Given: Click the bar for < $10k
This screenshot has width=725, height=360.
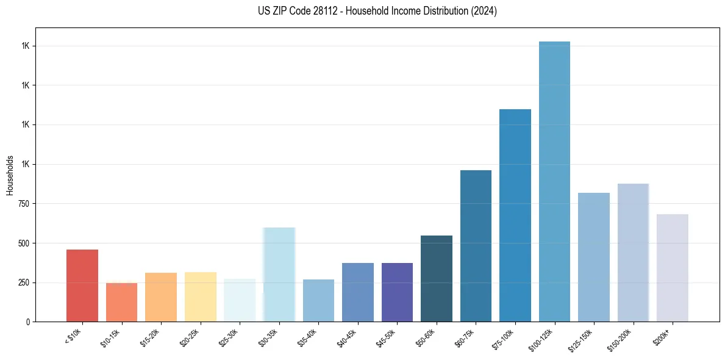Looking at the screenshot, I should click(82, 286).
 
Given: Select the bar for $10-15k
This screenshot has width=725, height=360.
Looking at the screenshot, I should click(121, 302).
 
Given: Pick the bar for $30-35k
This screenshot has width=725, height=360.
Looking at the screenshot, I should click(279, 275).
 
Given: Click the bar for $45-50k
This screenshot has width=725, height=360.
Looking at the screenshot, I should click(397, 292).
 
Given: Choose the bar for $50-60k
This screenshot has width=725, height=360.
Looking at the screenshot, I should click(437, 278).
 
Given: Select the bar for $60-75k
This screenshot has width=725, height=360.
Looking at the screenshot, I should click(476, 246).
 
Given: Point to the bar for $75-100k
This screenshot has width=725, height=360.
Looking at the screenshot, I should click(515, 215).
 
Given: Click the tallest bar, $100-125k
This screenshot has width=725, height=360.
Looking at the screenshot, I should click(554, 181).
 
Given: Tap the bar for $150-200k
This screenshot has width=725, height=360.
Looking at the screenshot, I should click(633, 253).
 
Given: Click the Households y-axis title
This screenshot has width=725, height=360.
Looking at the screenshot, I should click(10, 175).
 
